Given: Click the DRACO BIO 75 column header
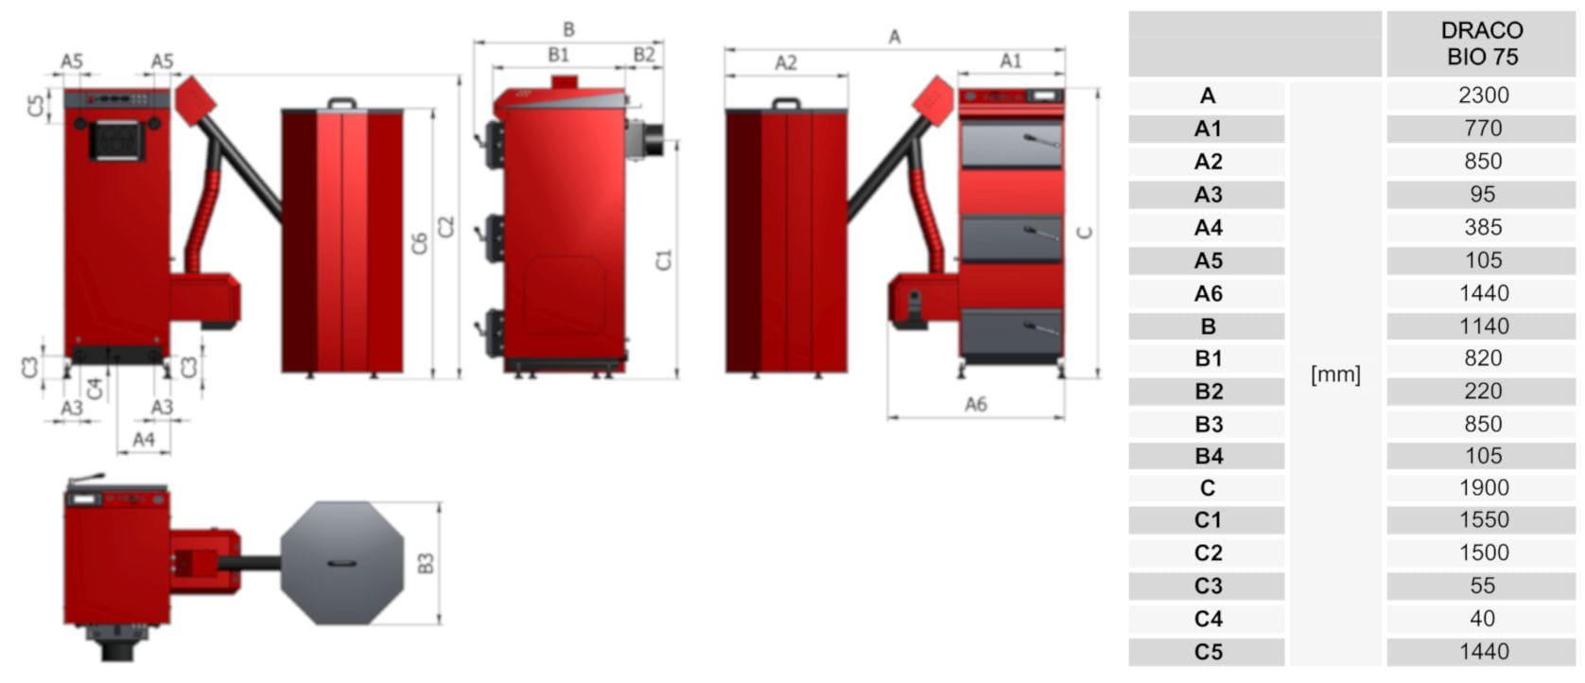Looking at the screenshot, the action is pyautogui.click(x=1483, y=44).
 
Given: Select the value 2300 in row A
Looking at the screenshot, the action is pyautogui.click(x=1483, y=95).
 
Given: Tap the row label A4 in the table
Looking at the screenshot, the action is pyautogui.click(x=1208, y=228).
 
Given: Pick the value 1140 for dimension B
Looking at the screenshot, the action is pyautogui.click(x=1484, y=326).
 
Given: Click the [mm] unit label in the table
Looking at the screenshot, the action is pyautogui.click(x=1335, y=375).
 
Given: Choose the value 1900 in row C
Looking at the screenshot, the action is pyautogui.click(x=1484, y=488).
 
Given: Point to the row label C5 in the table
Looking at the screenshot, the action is pyautogui.click(x=1208, y=652).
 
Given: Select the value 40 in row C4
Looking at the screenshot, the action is pyautogui.click(x=1483, y=619).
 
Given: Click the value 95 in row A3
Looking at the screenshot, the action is pyautogui.click(x=1483, y=194).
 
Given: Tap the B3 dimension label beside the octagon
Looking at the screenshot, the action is pyautogui.click(x=426, y=564).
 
